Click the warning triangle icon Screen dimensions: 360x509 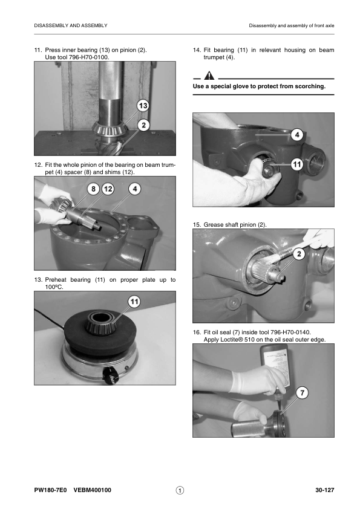(x=209, y=76)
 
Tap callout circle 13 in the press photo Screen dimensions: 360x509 (x=143, y=106)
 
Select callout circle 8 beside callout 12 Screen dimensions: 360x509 (x=93, y=189)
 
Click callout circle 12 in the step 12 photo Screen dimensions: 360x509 (x=108, y=189)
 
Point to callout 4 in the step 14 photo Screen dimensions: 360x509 (x=297, y=134)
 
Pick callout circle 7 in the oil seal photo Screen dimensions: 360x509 (x=302, y=393)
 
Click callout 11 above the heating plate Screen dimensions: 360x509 (x=134, y=302)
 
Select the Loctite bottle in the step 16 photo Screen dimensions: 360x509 (x=274, y=367)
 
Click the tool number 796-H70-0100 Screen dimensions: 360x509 (x=89, y=57)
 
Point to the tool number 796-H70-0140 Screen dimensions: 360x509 (x=290, y=332)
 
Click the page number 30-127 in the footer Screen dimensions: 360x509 (x=324, y=490)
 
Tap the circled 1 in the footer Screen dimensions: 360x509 (x=180, y=490)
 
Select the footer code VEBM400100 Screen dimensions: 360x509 (x=93, y=490)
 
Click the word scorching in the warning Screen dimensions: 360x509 (x=310, y=86)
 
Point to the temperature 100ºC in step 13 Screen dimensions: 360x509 (x=54, y=287)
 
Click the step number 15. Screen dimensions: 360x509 (x=197, y=225)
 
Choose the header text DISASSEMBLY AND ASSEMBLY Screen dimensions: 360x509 (x=71, y=25)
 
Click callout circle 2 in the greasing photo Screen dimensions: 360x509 (x=299, y=254)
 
